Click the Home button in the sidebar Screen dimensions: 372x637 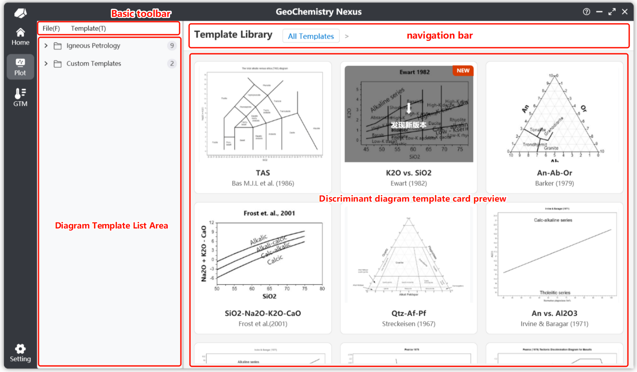pyautogui.click(x=20, y=37)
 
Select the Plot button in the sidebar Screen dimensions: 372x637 pyautogui.click(x=20, y=67)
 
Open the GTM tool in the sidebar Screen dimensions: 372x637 pyautogui.click(x=20, y=97)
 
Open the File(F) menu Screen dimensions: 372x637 pyautogui.click(x=51, y=29)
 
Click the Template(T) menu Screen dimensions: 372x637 pyautogui.click(x=88, y=29)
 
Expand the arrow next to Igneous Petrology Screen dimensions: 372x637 pyautogui.click(x=46, y=46)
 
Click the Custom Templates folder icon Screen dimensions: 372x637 pyautogui.click(x=58, y=64)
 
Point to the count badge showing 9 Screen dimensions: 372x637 pyautogui.click(x=172, y=46)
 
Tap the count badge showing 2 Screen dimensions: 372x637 pyautogui.click(x=172, y=64)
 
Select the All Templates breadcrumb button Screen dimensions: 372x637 pyautogui.click(x=311, y=36)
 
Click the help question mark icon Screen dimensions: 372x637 pyautogui.click(x=586, y=12)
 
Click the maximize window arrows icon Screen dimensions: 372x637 pyautogui.click(x=612, y=12)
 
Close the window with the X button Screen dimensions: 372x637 pyautogui.click(x=625, y=12)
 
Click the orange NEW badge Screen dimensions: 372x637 pyautogui.click(x=463, y=71)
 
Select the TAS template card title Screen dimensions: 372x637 pyautogui.click(x=263, y=173)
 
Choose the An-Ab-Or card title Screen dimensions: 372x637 pyautogui.click(x=554, y=173)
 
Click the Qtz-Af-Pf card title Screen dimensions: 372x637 pyautogui.click(x=409, y=313)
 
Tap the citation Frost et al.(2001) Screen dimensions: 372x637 pyautogui.click(x=263, y=324)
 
